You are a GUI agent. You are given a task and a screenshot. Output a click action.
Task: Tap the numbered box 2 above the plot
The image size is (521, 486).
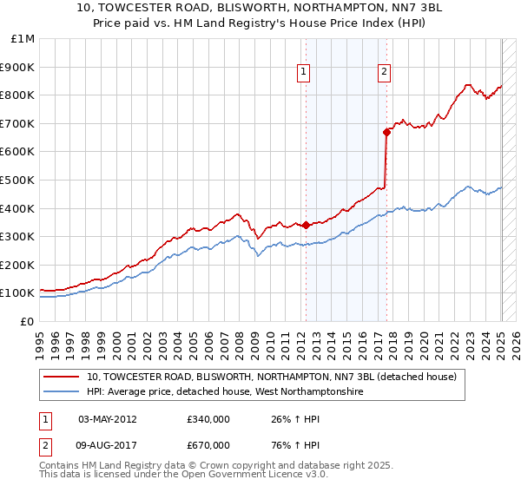(384, 73)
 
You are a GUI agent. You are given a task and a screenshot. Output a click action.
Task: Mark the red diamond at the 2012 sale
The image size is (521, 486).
(306, 225)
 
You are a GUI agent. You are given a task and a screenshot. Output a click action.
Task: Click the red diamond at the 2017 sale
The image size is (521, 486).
(386, 132)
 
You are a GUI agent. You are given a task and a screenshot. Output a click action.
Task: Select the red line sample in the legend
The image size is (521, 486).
(62, 378)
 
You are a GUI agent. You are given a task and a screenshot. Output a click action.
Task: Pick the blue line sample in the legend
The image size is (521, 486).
(62, 392)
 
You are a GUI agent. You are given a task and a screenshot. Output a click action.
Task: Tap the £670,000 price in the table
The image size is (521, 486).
(208, 444)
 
